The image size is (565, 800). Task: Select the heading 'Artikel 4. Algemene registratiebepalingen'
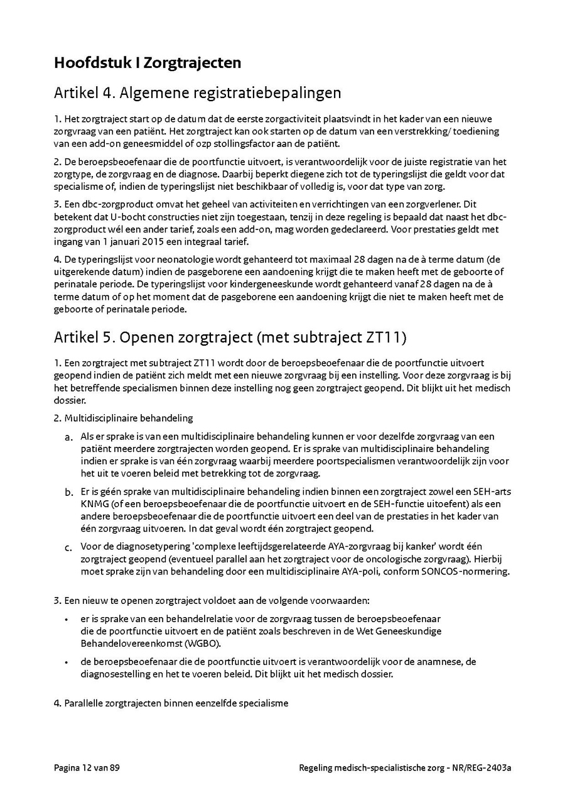click(197, 93)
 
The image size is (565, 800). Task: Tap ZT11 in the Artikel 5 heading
click(382, 337)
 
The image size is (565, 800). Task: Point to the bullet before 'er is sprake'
click(67, 619)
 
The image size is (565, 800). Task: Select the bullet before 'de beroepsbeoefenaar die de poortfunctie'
click(67, 662)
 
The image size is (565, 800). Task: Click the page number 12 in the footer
click(86, 768)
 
